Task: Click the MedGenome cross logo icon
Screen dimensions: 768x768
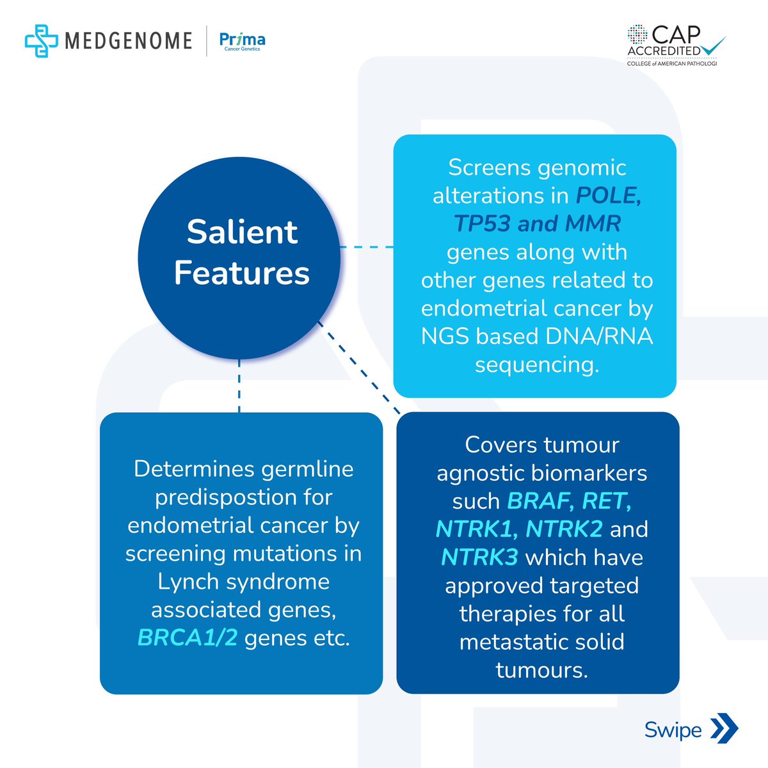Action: (41, 40)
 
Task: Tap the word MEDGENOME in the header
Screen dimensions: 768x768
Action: (128, 41)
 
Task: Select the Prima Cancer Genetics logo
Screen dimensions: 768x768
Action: (242, 42)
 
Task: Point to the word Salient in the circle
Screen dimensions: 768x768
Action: (242, 232)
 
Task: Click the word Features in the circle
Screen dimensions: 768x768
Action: (242, 273)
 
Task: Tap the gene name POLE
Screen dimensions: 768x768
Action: (607, 195)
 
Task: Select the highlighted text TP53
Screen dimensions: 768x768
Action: (482, 223)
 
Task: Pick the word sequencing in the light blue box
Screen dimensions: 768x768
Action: (536, 364)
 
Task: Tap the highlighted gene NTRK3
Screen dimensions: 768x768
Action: (479, 557)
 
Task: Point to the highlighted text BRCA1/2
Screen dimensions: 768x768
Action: (188, 637)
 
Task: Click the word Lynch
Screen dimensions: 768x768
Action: (188, 581)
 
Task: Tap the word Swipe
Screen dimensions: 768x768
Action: (673, 730)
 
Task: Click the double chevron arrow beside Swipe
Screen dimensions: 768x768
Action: (724, 730)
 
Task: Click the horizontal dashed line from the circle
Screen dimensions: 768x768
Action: (366, 247)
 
